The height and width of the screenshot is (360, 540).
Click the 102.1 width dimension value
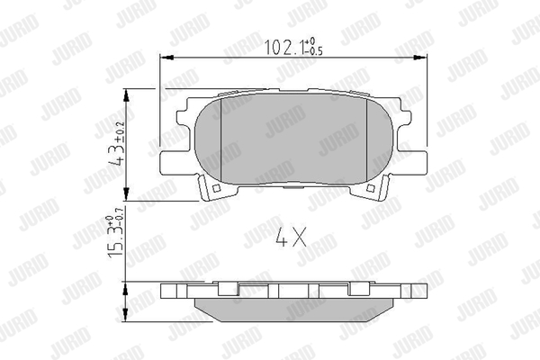[x=284, y=47]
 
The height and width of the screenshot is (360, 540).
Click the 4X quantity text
[x=292, y=237]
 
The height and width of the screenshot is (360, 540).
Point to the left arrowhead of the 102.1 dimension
[x=166, y=58]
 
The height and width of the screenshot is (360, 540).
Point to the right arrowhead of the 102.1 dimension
[x=421, y=58]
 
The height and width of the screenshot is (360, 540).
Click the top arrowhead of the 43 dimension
[x=126, y=95]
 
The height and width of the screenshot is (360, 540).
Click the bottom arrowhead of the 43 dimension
[x=126, y=194]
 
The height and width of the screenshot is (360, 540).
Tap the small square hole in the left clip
[x=217, y=188]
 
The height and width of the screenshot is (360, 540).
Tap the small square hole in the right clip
[x=371, y=188]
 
